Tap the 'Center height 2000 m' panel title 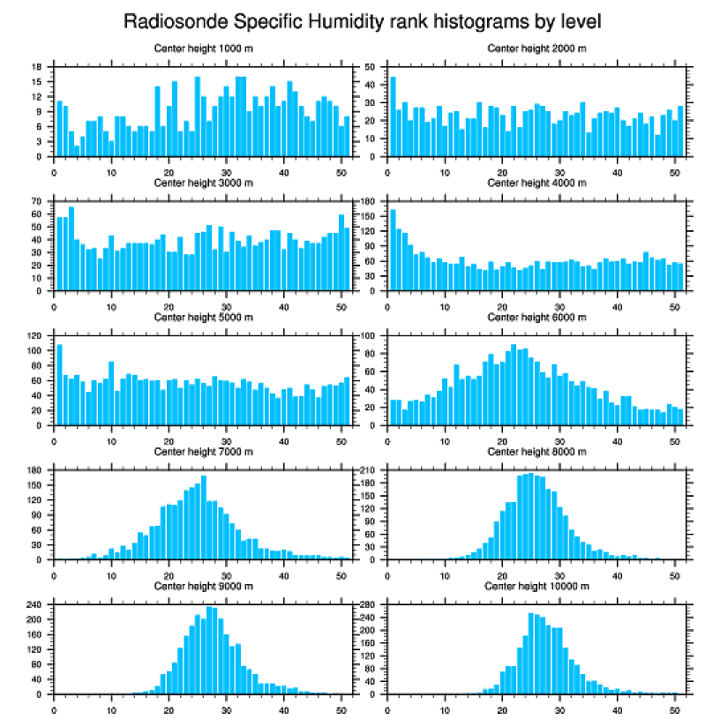[536, 48]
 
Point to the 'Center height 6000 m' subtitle [536, 317]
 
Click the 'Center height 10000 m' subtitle [536, 586]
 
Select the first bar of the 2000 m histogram [393, 116]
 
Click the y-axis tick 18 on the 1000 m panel [38, 67]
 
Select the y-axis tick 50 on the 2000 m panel [371, 67]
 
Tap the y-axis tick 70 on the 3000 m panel [38, 202]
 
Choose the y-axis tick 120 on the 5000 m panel [36, 336]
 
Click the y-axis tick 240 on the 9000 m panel [36, 605]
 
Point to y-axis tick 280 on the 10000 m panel [370, 605]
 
